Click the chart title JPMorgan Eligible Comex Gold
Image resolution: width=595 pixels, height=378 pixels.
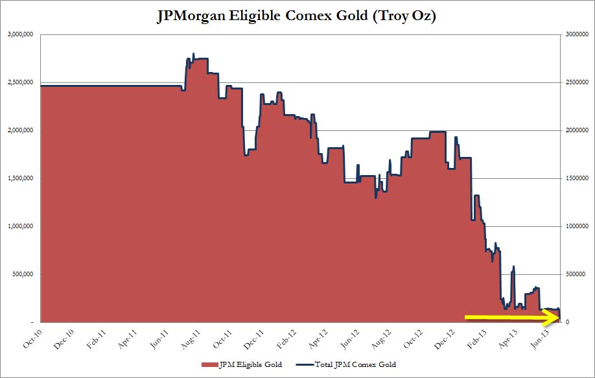pos(297,17)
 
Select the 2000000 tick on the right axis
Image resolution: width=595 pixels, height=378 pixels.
pos(575,130)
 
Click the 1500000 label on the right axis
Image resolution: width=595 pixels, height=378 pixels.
pos(575,178)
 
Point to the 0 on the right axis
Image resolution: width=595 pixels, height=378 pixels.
pos(566,322)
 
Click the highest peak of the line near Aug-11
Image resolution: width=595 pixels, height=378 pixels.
pos(194,54)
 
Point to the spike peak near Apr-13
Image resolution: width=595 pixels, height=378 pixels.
pos(514,266)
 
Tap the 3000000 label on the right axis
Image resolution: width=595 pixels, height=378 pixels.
pos(575,34)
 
